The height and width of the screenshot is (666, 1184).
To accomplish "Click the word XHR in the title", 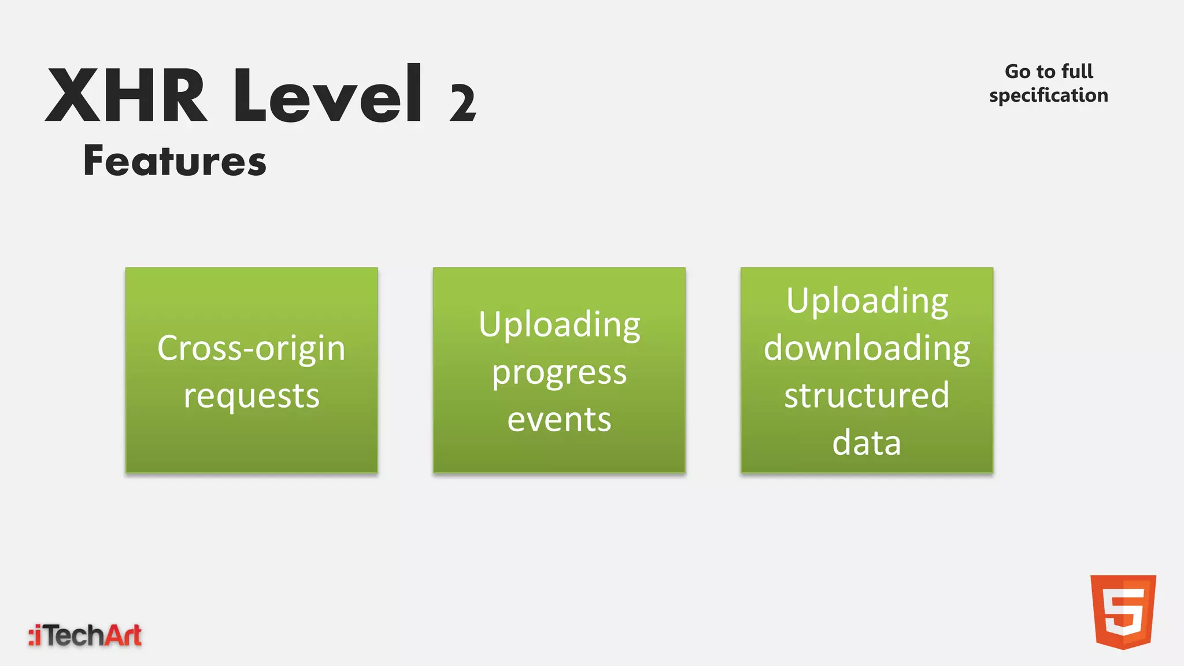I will tap(126, 95).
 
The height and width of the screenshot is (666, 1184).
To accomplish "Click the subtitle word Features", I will tap(175, 160).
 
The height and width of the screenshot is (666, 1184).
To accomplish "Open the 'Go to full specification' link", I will tap(1049, 83).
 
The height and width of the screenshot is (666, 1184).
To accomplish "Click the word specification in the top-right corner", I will tap(1049, 95).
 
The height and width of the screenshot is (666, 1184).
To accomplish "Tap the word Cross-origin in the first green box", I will tap(251, 348).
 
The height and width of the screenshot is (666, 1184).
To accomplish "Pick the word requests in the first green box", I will tap(251, 396).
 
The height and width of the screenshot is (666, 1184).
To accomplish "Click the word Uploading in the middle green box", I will tap(559, 324).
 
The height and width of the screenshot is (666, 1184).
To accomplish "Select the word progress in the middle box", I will tap(559, 373).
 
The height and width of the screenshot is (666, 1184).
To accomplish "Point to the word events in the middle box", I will tap(559, 419).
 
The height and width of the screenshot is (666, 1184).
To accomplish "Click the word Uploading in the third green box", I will tap(867, 301).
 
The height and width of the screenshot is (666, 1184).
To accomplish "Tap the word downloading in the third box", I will tap(867, 348).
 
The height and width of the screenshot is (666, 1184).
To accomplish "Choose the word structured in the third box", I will tap(867, 395).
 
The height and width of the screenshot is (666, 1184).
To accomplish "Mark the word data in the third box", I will tap(867, 443).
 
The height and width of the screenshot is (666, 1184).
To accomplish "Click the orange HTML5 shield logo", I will tap(1123, 611).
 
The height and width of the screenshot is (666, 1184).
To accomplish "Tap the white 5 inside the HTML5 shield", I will tap(1123, 613).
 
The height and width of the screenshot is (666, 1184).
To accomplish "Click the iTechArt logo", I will tap(85, 635).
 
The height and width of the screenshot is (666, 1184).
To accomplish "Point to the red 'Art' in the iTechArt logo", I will tap(122, 635).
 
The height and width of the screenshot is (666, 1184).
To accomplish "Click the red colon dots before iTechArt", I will tap(31, 636).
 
